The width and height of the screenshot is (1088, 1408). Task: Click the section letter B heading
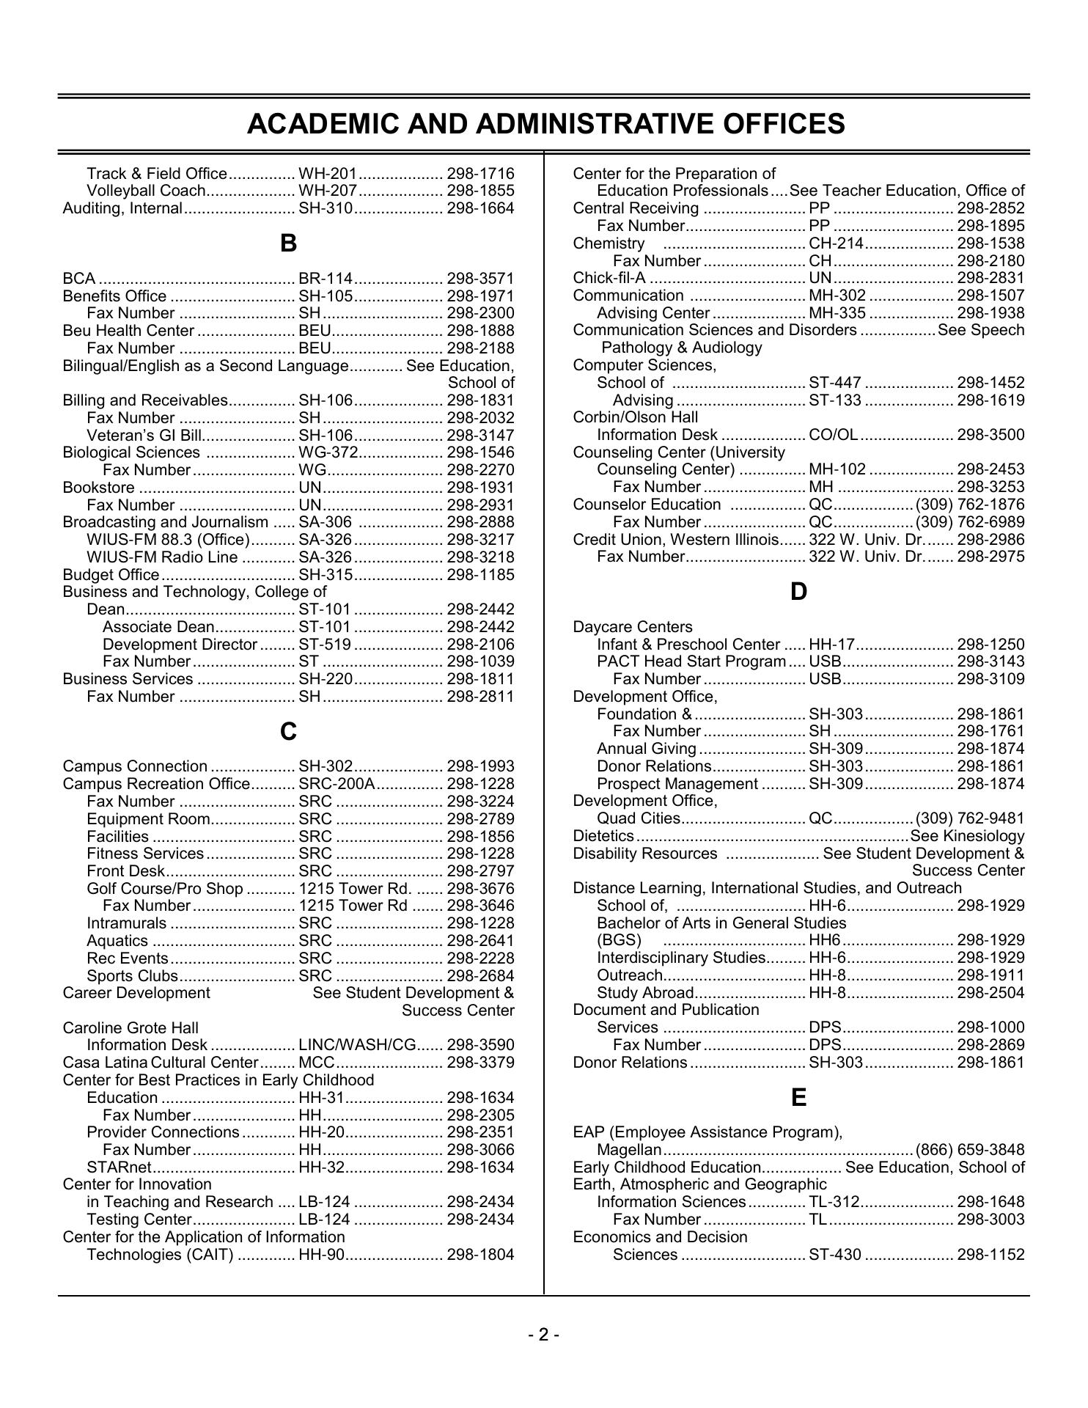tap(288, 243)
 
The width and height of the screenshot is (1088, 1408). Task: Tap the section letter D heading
tap(798, 592)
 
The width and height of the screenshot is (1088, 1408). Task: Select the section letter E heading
tap(798, 1098)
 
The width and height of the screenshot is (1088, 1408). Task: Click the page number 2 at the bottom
tap(543, 1335)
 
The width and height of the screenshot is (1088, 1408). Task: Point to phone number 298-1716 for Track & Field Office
tap(480, 174)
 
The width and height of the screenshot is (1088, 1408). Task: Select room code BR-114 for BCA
tap(326, 279)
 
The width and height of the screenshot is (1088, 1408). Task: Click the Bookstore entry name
tap(99, 488)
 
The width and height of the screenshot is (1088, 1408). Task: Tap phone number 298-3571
tap(480, 279)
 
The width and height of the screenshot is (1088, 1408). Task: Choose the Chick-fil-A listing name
tap(609, 278)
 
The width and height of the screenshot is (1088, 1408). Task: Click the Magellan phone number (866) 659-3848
tap(970, 1150)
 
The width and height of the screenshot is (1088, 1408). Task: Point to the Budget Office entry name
tap(111, 575)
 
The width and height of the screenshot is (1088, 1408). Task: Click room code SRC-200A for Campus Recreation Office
tap(337, 784)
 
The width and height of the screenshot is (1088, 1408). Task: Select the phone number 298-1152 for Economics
tap(990, 1255)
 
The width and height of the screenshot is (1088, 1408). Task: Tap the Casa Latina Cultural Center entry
tap(161, 1063)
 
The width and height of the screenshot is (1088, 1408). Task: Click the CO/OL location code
tap(833, 435)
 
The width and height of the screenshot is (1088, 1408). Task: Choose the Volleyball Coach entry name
tap(146, 191)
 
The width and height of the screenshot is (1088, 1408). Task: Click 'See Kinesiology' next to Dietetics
tap(967, 836)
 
